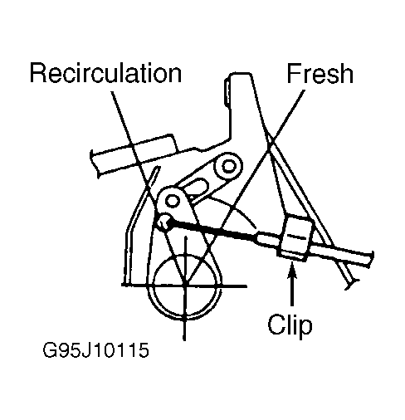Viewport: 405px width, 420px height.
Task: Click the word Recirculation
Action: coord(105,73)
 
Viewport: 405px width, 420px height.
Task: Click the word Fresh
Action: coord(320,73)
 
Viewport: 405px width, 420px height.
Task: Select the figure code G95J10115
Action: coord(95,350)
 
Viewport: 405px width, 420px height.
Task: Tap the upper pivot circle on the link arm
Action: coord(228,166)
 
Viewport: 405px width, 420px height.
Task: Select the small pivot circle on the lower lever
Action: coord(172,201)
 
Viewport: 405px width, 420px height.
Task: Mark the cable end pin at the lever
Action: coord(163,222)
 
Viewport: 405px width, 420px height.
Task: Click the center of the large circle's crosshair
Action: coord(185,285)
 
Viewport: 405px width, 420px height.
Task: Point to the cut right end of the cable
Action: coord(370,259)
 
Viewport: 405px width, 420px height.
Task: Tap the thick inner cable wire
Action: coord(213,229)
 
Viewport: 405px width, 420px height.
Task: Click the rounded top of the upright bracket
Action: coord(240,75)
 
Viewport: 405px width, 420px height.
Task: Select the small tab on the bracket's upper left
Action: coord(227,93)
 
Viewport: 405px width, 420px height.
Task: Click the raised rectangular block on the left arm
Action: coord(153,145)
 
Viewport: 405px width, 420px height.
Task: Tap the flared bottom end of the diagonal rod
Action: coord(352,285)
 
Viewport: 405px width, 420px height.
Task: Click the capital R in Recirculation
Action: coord(38,74)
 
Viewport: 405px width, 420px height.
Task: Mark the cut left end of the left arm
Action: coord(94,164)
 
